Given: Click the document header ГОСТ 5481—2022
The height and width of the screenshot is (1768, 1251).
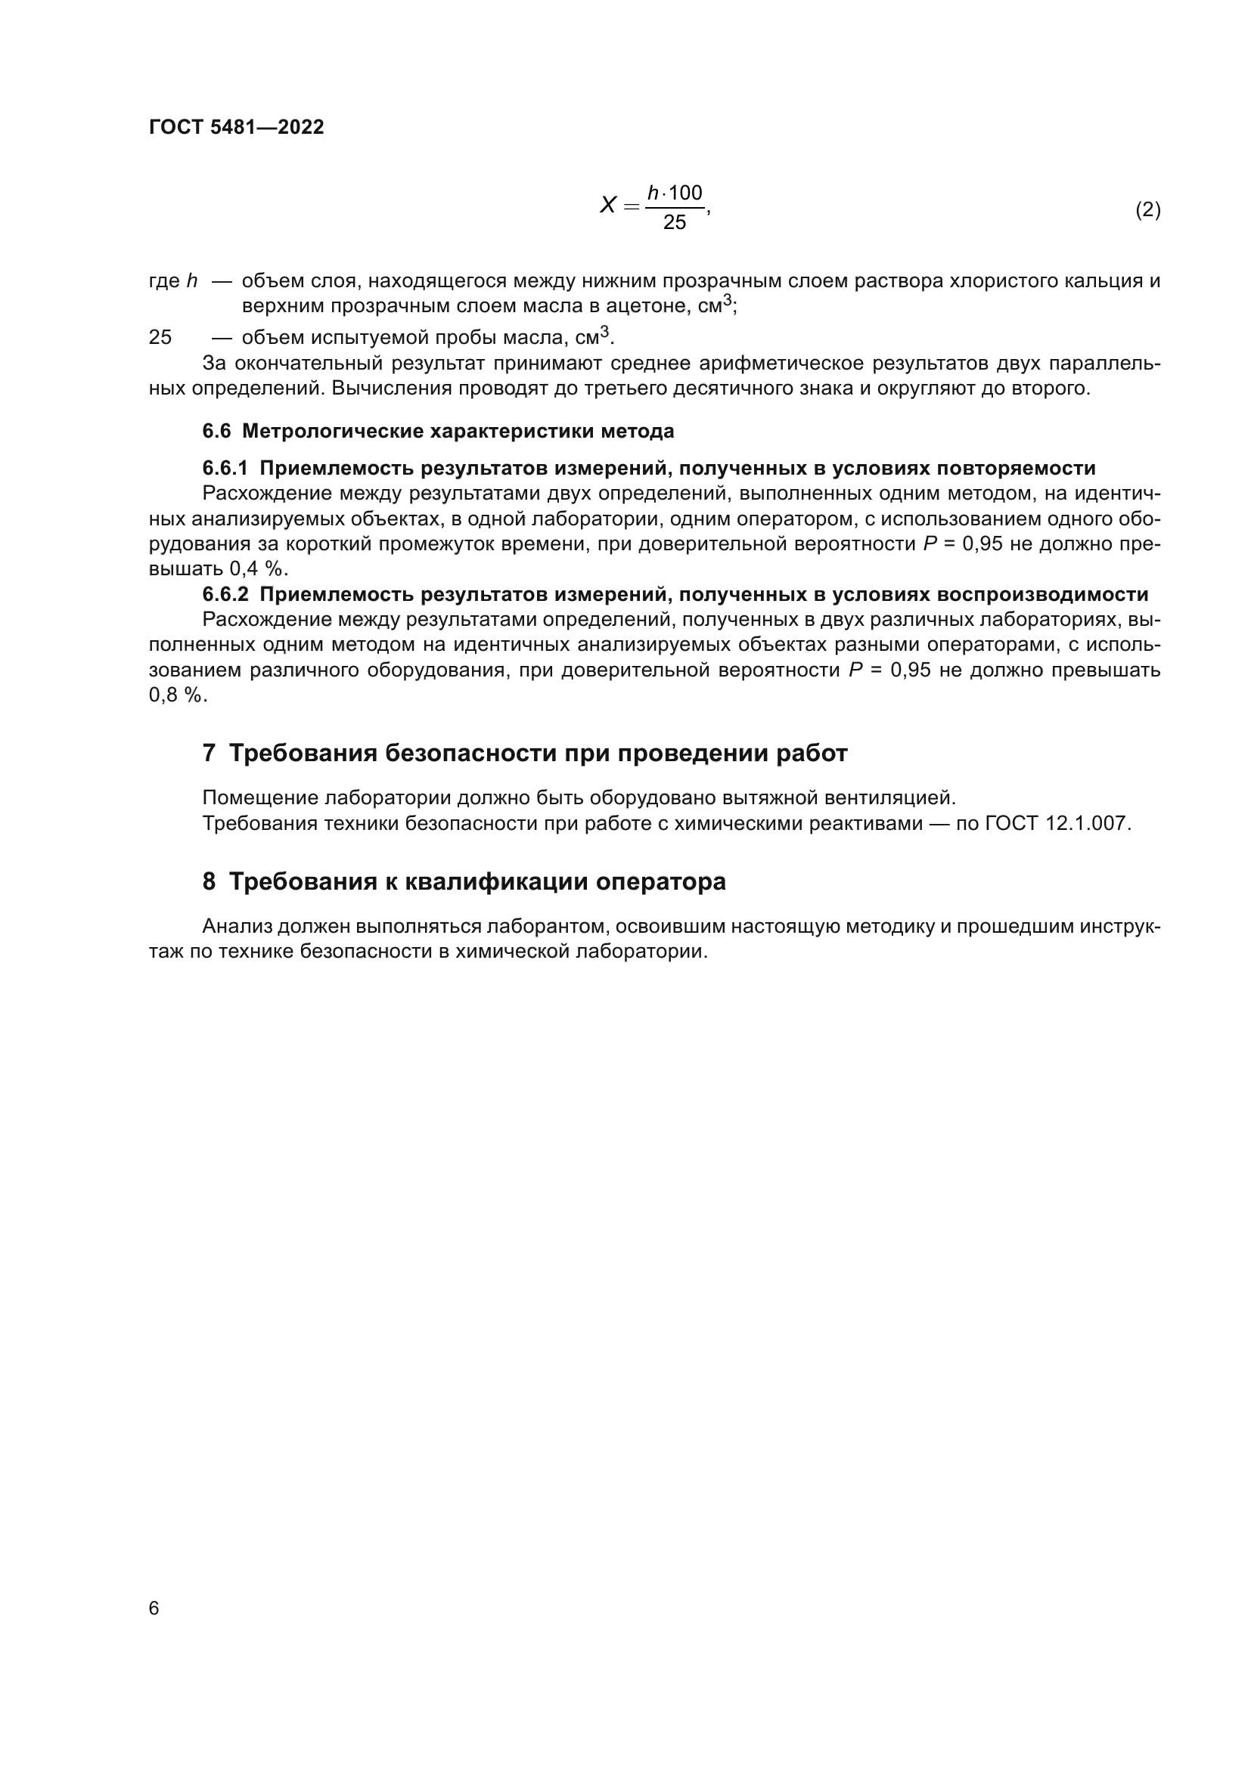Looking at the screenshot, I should point(237,128).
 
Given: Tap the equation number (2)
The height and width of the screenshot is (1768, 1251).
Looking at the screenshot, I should point(1148,209).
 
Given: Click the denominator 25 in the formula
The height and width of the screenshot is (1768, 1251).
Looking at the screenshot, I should point(674,222).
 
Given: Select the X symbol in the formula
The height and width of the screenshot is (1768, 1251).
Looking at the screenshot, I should point(608,206).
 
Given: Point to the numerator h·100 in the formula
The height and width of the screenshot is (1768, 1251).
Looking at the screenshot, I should point(674,193).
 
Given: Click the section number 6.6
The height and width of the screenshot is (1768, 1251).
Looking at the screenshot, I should point(216,431).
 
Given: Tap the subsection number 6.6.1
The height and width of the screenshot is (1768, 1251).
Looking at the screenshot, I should point(225,468).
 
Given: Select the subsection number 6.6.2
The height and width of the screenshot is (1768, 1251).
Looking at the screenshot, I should point(225,594).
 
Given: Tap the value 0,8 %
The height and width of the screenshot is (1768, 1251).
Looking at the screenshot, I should point(177,695).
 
